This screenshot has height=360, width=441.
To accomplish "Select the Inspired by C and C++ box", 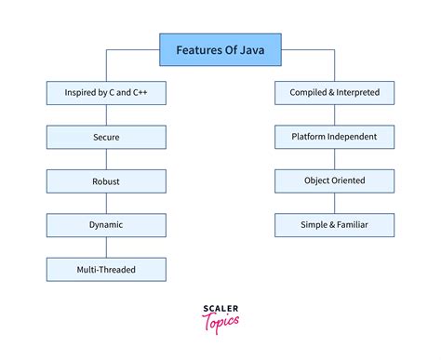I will click(106, 93).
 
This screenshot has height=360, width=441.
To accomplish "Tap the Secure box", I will click(106, 137).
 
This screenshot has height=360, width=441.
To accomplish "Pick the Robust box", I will click(106, 180).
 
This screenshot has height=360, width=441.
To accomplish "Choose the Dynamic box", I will click(106, 224).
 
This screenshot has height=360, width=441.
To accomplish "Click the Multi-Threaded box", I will click(106, 269).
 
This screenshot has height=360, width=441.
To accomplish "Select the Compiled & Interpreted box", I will click(334, 93).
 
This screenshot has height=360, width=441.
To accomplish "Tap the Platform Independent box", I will click(334, 137).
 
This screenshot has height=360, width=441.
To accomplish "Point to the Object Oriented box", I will click(334, 180).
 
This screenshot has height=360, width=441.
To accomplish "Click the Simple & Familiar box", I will click(334, 224).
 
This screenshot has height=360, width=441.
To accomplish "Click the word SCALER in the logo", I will click(220, 309).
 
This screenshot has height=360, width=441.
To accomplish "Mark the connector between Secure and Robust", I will click(106, 159).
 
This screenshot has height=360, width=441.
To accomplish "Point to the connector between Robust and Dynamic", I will click(106, 203).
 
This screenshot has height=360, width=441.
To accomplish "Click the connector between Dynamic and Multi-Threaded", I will click(106, 247).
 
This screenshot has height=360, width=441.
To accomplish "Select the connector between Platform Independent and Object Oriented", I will click(334, 159).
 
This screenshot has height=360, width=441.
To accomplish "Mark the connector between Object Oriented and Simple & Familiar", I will click(334, 203).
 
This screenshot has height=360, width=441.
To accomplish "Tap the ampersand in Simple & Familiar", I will click(327, 224).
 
